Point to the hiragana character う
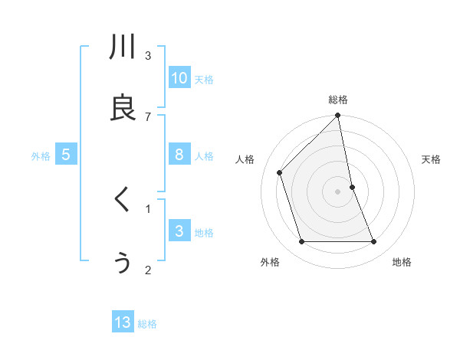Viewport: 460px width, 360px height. [123, 263]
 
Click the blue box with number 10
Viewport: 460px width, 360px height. [179, 77]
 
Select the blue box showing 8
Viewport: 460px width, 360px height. [179, 155]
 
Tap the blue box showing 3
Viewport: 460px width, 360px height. [179, 231]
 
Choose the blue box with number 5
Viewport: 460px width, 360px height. [66, 155]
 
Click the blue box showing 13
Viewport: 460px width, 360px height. [123, 322]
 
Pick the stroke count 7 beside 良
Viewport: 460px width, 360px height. [148, 116]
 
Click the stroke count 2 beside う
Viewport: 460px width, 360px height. [148, 270]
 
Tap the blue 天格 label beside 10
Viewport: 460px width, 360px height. [204, 79]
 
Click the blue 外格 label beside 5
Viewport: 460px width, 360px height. [41, 155]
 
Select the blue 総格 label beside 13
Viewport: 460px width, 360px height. [147, 324]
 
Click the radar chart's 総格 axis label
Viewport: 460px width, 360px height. [338, 100]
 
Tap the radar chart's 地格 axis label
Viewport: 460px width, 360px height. [402, 262]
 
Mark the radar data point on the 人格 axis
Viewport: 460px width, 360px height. [280, 172]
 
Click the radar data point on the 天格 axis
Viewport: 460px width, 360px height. [352, 187]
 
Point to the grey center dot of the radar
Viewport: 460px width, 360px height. [338, 191]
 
